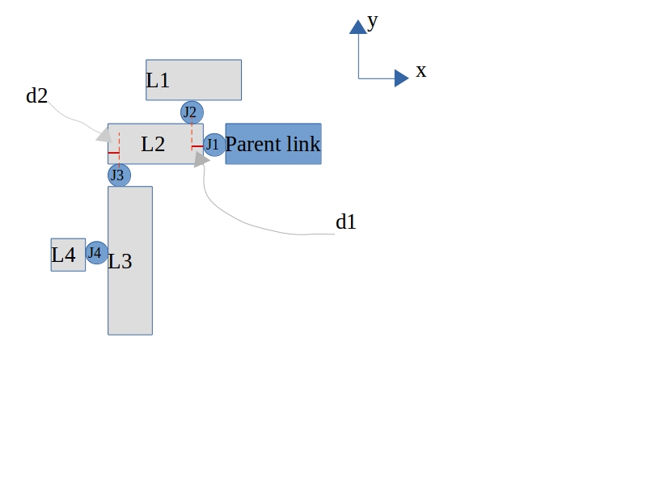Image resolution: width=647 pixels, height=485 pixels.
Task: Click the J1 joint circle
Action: tap(214, 145)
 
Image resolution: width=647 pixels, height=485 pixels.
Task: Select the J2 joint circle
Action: tap(192, 112)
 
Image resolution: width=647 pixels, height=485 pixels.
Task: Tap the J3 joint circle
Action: tap(119, 175)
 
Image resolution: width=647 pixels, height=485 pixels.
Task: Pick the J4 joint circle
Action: tap(96, 253)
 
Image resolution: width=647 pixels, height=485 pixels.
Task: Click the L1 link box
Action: tap(193, 80)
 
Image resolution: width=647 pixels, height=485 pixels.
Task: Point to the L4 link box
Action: tap(68, 255)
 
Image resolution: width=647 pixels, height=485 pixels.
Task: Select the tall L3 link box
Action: tap(130, 260)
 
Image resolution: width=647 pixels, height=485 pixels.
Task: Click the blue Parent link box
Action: tap(273, 144)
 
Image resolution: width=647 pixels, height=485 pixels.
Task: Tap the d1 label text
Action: tap(346, 221)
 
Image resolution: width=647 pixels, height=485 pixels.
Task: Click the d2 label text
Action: tap(36, 96)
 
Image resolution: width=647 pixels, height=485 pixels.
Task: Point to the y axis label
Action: tap(372, 22)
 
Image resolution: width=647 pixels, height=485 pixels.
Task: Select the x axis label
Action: tap(421, 70)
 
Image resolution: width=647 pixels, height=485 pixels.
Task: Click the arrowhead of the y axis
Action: tap(358, 27)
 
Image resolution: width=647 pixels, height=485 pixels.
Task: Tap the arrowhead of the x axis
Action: tap(401, 78)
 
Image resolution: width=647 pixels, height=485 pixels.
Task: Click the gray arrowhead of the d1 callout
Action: tap(201, 159)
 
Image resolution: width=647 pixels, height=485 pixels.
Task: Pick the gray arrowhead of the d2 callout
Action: tap(104, 135)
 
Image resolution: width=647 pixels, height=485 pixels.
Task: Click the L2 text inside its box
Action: tap(153, 145)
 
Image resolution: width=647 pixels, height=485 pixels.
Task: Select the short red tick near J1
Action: tap(197, 146)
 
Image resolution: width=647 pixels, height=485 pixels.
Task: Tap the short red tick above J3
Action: tap(113, 153)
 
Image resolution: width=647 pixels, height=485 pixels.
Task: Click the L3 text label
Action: tap(120, 261)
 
